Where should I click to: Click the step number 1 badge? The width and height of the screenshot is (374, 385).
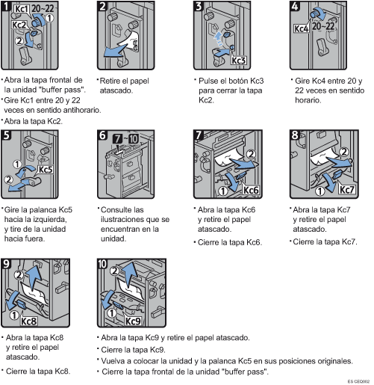click(7, 7)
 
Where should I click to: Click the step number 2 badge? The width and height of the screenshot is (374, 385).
click(103, 7)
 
